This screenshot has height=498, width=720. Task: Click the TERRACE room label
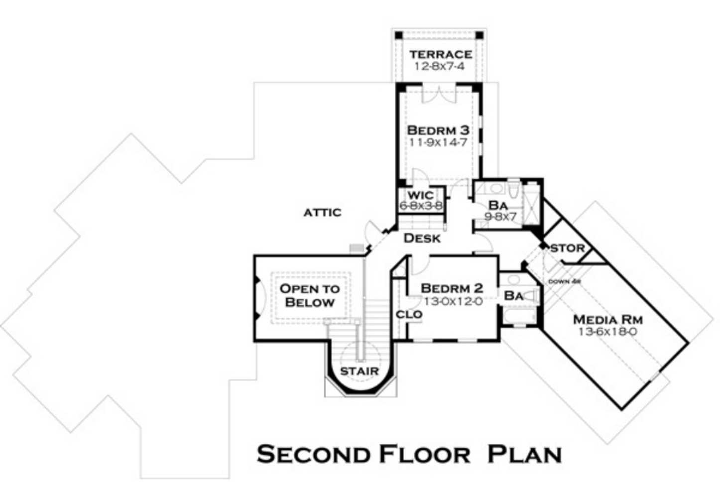click(441, 54)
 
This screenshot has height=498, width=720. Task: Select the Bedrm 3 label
click(438, 130)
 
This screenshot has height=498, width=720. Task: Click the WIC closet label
click(421, 195)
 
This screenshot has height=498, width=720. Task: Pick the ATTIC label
click(323, 213)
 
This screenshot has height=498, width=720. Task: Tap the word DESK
click(422, 239)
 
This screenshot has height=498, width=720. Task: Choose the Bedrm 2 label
click(452, 288)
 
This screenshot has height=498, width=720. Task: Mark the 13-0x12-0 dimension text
click(453, 301)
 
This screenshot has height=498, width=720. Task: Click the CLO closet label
click(409, 315)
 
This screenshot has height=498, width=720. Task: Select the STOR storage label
click(568, 248)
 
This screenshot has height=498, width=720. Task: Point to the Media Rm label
click(607, 320)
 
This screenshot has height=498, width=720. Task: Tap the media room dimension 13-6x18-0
click(607, 332)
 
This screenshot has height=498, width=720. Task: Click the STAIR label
click(359, 371)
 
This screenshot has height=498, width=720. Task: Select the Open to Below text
click(310, 295)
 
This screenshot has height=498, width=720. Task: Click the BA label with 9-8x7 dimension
click(498, 205)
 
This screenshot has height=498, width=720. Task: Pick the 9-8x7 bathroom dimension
click(500, 217)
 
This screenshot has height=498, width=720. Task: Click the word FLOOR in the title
click(425, 454)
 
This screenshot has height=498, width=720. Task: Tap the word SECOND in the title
click(314, 454)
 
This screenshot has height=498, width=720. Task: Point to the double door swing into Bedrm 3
click(440, 96)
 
